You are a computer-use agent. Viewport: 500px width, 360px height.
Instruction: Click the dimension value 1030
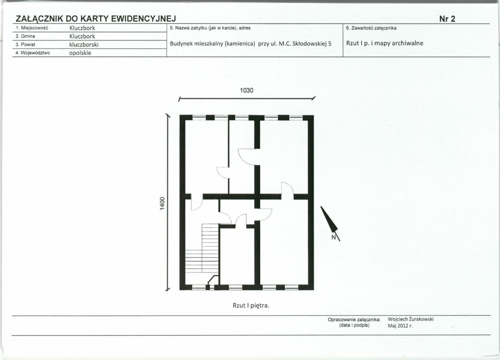point(246,90)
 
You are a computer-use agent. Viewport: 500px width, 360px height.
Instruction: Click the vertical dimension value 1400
point(163,204)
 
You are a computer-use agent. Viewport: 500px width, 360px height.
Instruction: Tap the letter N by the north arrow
point(334,237)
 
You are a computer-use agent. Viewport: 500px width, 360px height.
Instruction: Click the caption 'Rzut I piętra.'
point(251,305)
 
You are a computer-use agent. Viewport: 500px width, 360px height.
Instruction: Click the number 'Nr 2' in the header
point(447,19)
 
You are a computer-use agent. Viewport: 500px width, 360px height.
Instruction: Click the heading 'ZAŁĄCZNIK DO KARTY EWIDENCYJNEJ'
point(95,19)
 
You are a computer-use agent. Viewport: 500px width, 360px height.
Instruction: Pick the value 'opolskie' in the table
point(80,53)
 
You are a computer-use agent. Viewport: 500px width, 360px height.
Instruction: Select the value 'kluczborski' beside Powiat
point(84,45)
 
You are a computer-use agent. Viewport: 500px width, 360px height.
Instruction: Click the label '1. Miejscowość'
point(32,28)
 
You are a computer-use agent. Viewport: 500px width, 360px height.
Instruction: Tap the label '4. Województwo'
point(33,53)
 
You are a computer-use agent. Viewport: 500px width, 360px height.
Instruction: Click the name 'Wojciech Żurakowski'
point(411,319)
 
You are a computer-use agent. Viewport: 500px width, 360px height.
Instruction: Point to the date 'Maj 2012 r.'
point(400,326)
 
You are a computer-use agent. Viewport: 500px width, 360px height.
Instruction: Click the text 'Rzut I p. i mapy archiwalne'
point(385,43)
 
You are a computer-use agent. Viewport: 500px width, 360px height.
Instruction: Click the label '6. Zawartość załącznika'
point(371,28)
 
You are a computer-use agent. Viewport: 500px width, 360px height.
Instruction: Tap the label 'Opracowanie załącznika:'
point(354,320)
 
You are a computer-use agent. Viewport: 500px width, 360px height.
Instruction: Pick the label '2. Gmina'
point(25,36)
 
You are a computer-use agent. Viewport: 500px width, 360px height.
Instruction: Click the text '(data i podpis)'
point(354,325)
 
